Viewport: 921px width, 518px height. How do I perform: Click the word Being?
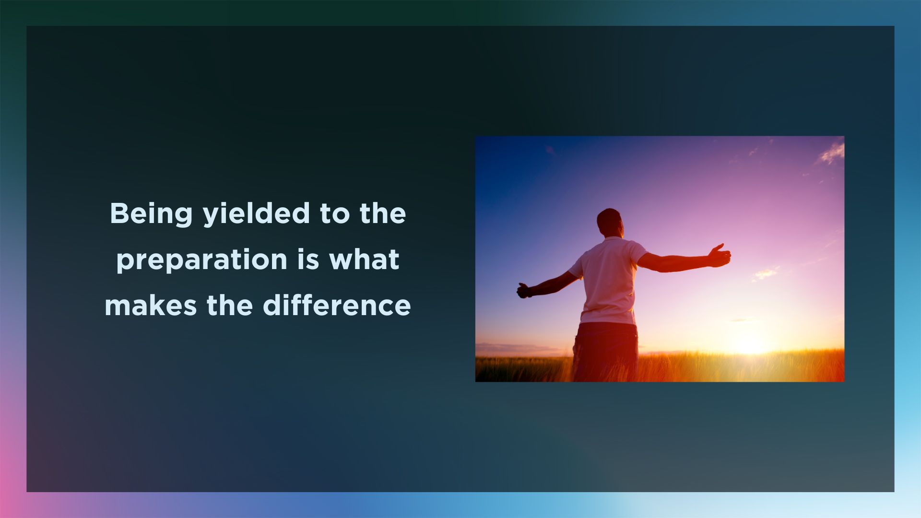(151, 214)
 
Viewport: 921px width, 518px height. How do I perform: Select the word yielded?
(257, 214)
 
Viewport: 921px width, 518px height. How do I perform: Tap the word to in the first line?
(335, 214)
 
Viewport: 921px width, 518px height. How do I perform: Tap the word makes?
(151, 306)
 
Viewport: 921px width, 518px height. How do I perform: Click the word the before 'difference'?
(229, 306)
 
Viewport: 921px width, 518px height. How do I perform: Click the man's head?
(609, 222)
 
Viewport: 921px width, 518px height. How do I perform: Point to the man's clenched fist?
(523, 291)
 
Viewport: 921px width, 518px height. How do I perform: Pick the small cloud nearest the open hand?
(765, 273)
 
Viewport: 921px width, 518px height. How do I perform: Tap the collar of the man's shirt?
(612, 238)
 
